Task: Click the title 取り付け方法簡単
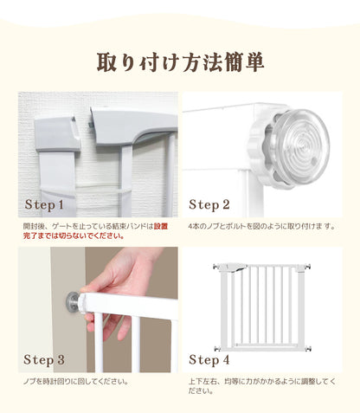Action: pyautogui.click(x=180, y=62)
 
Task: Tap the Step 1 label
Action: pyautogui.click(x=44, y=205)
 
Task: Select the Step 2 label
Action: pyautogui.click(x=209, y=205)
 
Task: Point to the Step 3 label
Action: pyautogui.click(x=44, y=358)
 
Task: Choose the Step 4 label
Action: pyautogui.click(x=209, y=358)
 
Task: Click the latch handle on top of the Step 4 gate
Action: pyautogui.click(x=235, y=268)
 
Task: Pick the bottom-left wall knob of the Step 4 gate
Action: pyautogui.click(x=219, y=349)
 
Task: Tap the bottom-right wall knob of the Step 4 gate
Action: pyautogui.click(x=310, y=349)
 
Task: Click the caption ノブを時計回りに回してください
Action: pyautogui.click(x=76, y=380)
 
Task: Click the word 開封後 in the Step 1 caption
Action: pyautogui.click(x=34, y=225)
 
